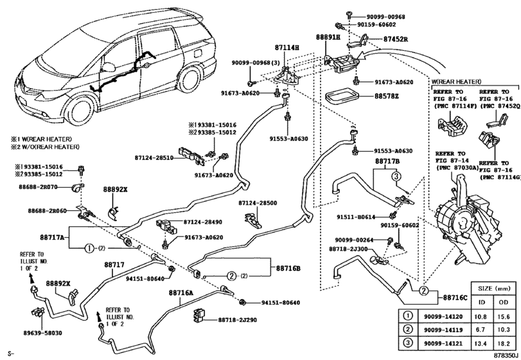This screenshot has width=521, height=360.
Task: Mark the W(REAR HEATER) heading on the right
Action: pos(457,82)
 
